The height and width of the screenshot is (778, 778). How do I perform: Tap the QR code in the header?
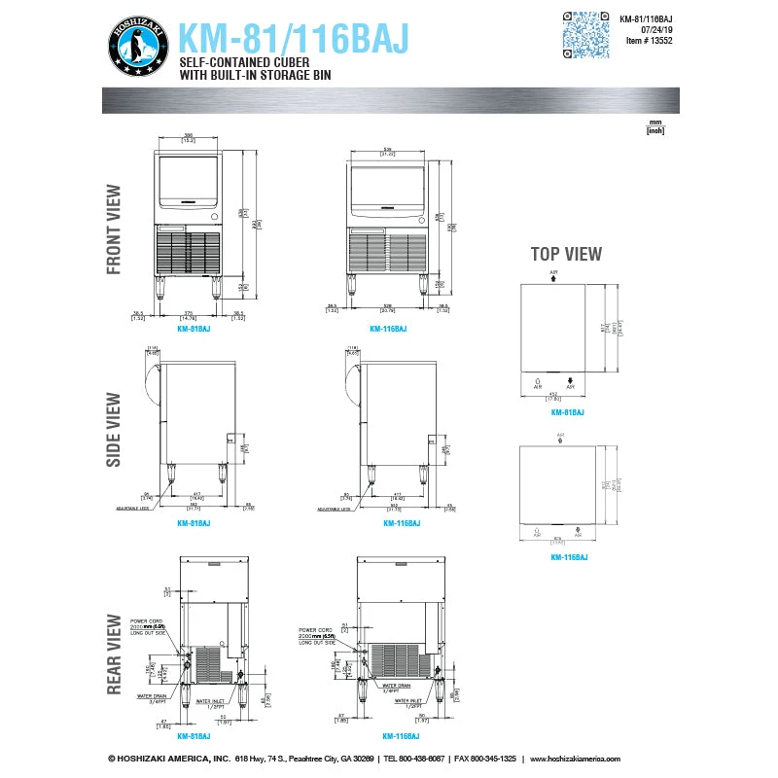(x=587, y=35)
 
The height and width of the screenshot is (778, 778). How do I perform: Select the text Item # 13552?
(x=650, y=41)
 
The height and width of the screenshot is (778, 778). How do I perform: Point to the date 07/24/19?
(x=657, y=29)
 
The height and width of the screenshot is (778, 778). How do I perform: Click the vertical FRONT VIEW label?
(x=114, y=230)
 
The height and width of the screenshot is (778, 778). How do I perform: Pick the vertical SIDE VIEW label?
(x=114, y=429)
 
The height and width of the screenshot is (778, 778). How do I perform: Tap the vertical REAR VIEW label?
(x=114, y=654)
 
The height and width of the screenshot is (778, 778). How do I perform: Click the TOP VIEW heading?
(x=565, y=254)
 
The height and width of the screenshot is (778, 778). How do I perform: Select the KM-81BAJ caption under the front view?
(x=194, y=330)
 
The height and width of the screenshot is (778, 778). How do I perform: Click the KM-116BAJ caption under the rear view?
(x=401, y=736)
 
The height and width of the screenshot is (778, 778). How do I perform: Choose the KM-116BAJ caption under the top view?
(x=568, y=557)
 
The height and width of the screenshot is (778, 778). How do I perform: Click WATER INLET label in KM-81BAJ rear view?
(x=210, y=700)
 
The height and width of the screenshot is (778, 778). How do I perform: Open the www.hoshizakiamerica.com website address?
(x=604, y=759)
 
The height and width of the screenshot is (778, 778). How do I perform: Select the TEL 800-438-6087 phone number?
(x=415, y=759)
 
